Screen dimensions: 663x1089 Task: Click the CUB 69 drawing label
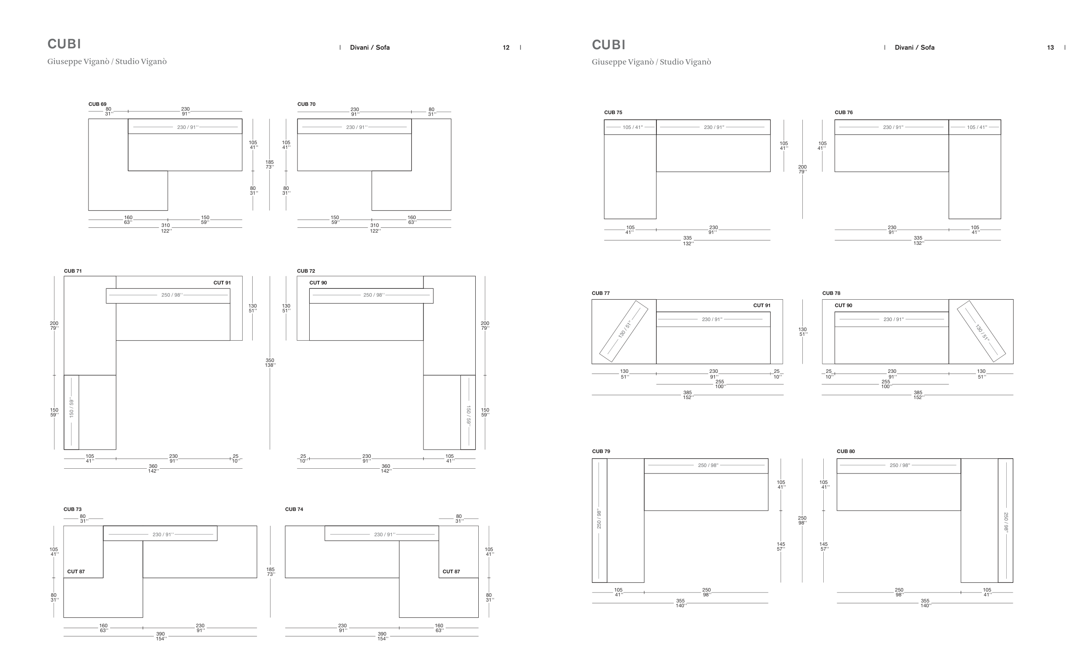(97, 104)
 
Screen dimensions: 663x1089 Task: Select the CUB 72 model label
(306, 271)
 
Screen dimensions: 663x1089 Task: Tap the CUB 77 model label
(601, 293)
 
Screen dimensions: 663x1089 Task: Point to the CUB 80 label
(845, 451)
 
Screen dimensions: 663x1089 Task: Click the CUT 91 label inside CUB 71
(222, 283)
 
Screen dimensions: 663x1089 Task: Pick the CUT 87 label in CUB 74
(451, 572)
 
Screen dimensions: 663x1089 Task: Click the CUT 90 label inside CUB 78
(843, 305)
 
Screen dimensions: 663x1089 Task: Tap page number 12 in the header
(506, 48)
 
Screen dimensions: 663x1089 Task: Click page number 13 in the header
(1051, 48)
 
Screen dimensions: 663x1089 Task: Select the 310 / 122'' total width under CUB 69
(166, 228)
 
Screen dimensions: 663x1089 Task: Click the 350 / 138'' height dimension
(270, 363)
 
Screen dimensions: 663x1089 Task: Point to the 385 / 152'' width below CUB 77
(688, 395)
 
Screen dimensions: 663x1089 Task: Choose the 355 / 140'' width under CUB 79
(680, 603)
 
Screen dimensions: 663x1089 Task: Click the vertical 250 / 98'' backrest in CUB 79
(599, 520)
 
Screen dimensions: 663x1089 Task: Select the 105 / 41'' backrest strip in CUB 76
(974, 127)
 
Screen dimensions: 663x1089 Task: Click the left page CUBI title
(64, 44)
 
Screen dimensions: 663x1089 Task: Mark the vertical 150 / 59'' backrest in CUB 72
(468, 413)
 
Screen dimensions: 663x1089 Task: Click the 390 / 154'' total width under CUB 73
(160, 636)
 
